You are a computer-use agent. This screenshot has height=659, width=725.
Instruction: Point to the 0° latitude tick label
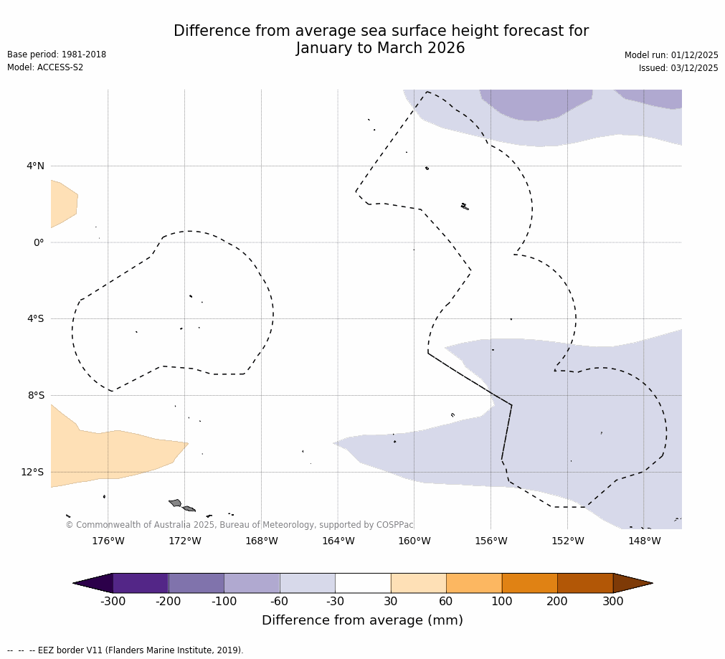click(x=38, y=242)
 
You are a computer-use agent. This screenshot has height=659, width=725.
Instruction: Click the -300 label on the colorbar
click(x=113, y=602)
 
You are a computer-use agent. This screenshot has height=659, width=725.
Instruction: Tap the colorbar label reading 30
click(x=391, y=602)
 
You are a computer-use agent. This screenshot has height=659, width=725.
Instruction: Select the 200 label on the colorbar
click(x=557, y=602)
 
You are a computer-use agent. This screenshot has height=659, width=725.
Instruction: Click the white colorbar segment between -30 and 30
click(x=363, y=583)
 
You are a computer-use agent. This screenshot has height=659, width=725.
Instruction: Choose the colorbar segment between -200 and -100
click(x=196, y=583)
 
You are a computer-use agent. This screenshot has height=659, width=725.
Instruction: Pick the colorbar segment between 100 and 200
click(x=529, y=583)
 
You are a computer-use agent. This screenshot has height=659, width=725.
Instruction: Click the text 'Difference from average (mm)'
click(x=362, y=621)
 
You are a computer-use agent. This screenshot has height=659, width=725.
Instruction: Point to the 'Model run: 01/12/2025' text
click(x=671, y=55)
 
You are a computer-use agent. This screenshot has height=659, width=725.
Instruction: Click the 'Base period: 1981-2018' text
click(x=57, y=54)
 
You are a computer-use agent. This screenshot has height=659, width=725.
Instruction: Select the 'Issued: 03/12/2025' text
click(x=678, y=68)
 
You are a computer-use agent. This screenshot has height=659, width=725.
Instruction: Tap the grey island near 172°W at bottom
click(x=176, y=503)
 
